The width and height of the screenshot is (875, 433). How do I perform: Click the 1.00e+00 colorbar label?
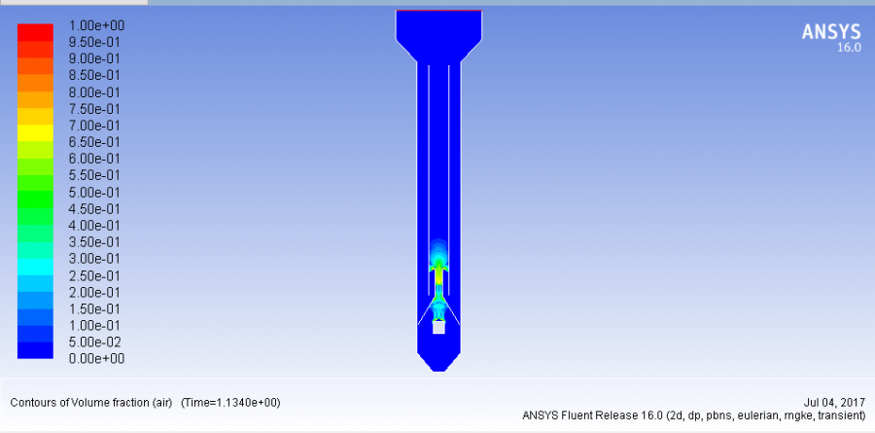pos(96,25)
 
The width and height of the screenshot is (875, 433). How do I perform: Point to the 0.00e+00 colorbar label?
pos(96,359)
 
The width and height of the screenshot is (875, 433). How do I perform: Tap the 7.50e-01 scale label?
pos(94,109)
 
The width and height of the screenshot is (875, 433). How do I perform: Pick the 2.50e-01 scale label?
pos(94,275)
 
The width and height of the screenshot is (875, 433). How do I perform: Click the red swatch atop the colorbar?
pos(35,32)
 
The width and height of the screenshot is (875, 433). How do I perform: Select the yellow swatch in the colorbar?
pos(35,133)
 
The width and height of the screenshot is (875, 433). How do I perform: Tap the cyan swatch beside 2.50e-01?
pos(35,267)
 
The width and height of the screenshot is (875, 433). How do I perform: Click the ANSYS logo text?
pos(831,32)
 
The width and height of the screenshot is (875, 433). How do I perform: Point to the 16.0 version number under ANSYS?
pos(850,48)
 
